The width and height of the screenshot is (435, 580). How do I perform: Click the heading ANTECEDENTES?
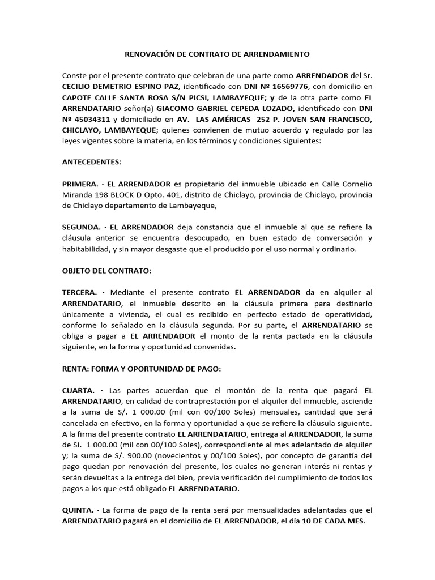pos(91,161)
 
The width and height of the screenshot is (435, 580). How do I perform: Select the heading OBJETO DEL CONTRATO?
pos(106,271)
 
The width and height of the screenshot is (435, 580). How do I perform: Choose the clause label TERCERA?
pos(80,292)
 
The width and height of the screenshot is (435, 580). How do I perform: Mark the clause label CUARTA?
pos(78,391)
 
